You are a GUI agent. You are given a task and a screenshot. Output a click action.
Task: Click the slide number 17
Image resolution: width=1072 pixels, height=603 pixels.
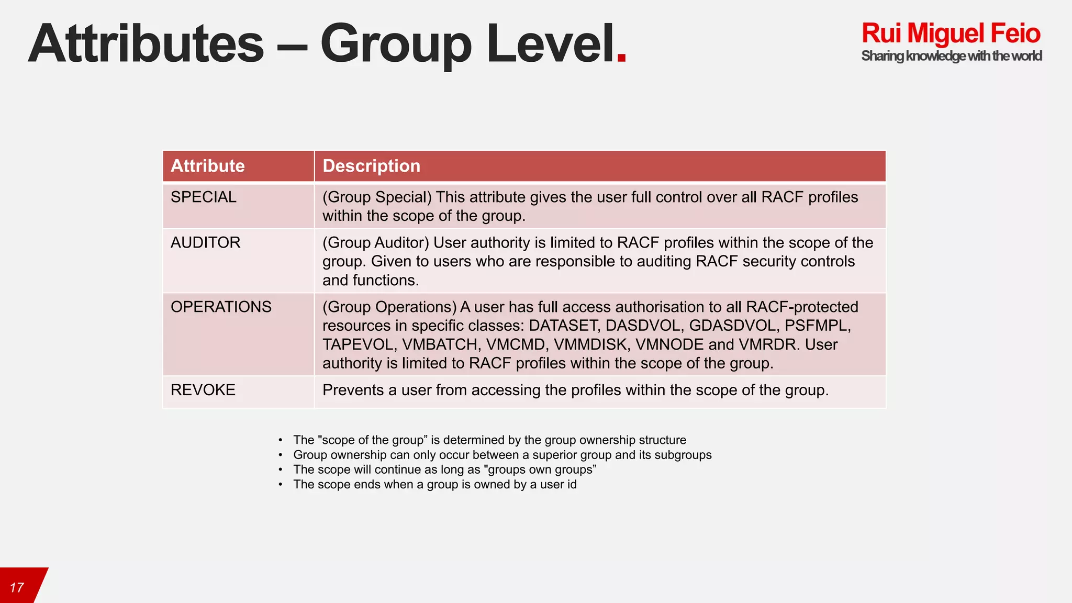pos(17,588)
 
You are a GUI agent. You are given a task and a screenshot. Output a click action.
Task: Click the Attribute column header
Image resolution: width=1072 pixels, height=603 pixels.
pos(208,166)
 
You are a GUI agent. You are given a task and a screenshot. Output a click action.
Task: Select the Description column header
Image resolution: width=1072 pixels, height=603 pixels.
pos(371,166)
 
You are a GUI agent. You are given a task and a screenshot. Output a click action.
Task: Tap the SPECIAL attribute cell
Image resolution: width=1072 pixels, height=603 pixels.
pos(204,197)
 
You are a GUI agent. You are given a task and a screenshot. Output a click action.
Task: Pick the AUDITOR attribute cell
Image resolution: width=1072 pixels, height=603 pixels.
pos(206,243)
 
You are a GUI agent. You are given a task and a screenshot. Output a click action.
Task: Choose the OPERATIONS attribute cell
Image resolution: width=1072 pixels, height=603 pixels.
pos(221,307)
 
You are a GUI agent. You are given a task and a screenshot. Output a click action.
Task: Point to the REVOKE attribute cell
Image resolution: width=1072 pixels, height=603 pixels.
pos(203,390)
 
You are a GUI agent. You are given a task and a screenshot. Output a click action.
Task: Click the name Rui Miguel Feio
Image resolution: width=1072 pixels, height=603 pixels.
pos(951,33)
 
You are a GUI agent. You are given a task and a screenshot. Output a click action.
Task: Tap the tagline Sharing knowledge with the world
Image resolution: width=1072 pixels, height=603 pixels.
pos(951,56)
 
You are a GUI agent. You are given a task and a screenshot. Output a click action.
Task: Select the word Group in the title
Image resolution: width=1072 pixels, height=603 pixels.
pos(396,44)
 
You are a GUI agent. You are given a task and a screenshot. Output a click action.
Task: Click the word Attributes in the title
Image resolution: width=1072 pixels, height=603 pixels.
pos(146,44)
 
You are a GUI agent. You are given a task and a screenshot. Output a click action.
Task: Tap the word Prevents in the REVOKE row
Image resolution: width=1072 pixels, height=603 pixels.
pos(353,390)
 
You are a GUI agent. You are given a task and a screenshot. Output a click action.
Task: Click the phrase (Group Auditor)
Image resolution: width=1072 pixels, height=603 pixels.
pos(375,243)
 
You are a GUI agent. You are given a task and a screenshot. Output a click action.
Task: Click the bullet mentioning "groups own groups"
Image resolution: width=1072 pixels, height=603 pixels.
pos(444,470)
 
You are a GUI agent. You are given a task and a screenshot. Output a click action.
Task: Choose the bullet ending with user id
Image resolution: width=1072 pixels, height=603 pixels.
pos(434,484)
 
